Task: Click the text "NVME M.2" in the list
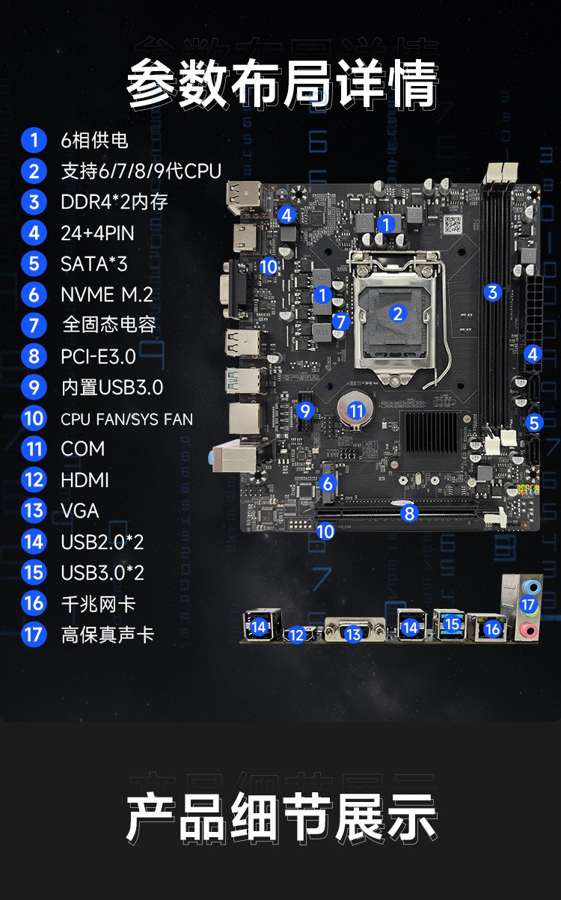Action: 107,295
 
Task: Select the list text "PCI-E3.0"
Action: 99,357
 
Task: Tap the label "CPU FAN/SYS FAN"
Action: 127,420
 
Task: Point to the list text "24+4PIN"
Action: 97,233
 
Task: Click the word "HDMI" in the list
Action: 85,480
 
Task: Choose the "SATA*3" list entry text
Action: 94,264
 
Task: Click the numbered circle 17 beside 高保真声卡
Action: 34,634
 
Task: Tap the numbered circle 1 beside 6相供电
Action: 34,140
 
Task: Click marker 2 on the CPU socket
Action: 398,313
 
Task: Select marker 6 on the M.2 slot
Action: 328,483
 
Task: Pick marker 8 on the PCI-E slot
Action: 409,513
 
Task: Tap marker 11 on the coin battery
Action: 356,411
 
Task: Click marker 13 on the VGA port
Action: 353,634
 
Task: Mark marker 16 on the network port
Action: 493,629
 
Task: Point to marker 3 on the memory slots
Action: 493,293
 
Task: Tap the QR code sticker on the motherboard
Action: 453,224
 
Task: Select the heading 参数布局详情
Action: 282,84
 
